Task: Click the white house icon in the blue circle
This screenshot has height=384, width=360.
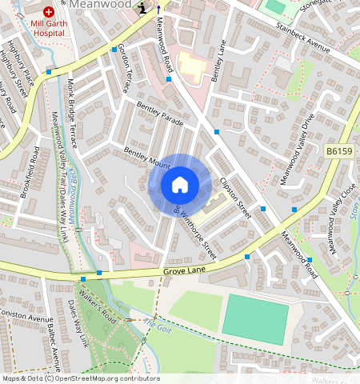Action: pyautogui.click(x=180, y=185)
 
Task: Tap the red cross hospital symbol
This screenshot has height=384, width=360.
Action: pyautogui.click(x=50, y=13)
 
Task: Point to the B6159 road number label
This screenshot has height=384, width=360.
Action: pyautogui.click(x=338, y=150)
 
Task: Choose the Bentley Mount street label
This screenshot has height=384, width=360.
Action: pyautogui.click(x=146, y=158)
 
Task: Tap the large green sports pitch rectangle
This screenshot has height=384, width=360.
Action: pyautogui.click(x=254, y=316)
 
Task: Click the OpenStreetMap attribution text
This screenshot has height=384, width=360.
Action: pyautogui.click(x=80, y=378)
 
